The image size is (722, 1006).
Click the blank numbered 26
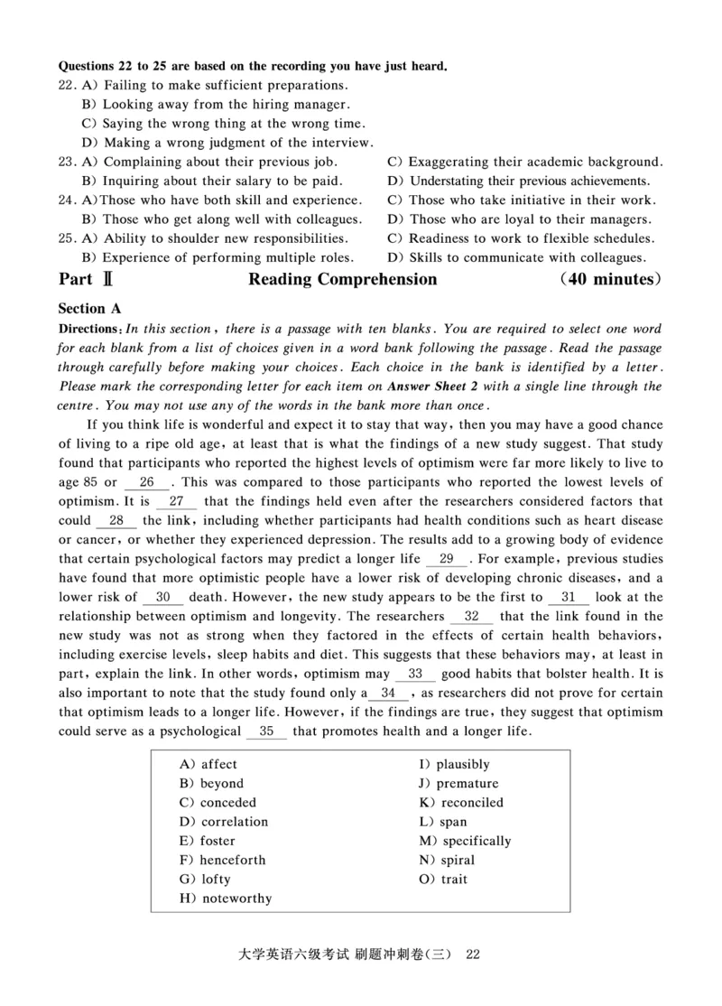pyautogui.click(x=147, y=482)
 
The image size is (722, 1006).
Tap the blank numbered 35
pyautogui.click(x=266, y=731)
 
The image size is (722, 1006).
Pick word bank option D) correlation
pyautogui.click(x=224, y=822)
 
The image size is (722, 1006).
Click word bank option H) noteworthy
pyautogui.click(x=226, y=899)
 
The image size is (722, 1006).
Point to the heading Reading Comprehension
pyautogui.click(x=342, y=280)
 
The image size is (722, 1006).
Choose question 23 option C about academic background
pyautogui.click(x=525, y=162)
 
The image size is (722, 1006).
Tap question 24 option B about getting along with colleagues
pyautogui.click(x=222, y=219)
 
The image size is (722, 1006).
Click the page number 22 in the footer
pyautogui.click(x=477, y=955)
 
